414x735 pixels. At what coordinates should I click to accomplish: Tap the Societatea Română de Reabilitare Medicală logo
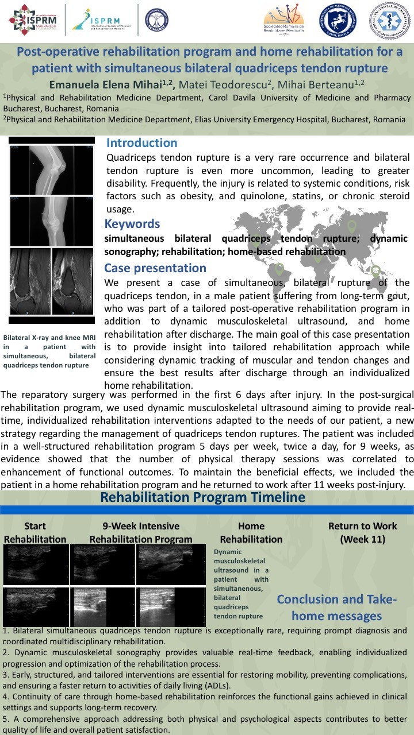(x=285, y=20)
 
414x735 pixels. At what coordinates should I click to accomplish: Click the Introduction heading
(x=141, y=143)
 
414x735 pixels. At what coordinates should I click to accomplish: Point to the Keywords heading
(x=132, y=224)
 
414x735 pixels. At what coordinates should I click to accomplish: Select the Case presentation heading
(x=155, y=268)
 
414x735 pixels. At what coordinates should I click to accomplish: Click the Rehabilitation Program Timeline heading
(x=202, y=497)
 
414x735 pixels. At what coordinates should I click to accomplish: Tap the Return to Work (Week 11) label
(x=362, y=532)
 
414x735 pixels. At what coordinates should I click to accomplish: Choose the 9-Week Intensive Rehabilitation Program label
(x=141, y=532)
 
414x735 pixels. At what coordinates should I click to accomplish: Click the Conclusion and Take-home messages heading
(x=336, y=608)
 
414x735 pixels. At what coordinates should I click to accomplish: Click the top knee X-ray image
(x=52, y=169)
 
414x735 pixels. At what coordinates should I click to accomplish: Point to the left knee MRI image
(x=30, y=281)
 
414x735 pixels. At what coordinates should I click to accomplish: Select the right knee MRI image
(x=74, y=281)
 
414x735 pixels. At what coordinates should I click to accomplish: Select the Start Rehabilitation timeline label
(x=35, y=532)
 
